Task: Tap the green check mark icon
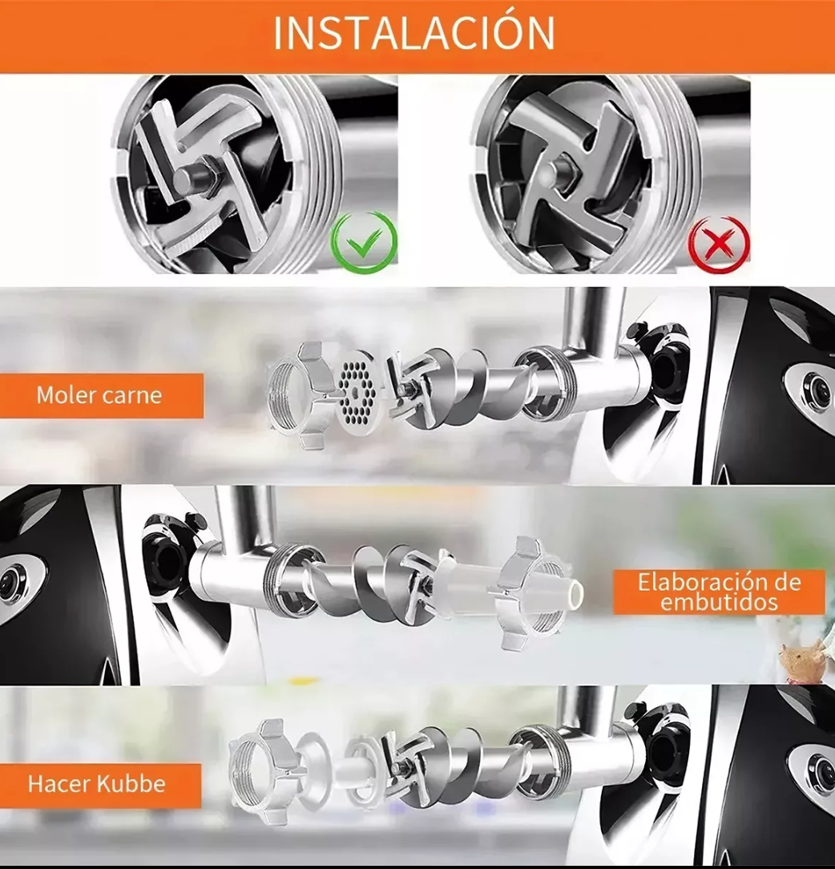364,242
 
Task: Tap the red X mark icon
719,243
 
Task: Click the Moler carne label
99,395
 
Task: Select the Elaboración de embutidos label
719,592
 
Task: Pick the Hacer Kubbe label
97,784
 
